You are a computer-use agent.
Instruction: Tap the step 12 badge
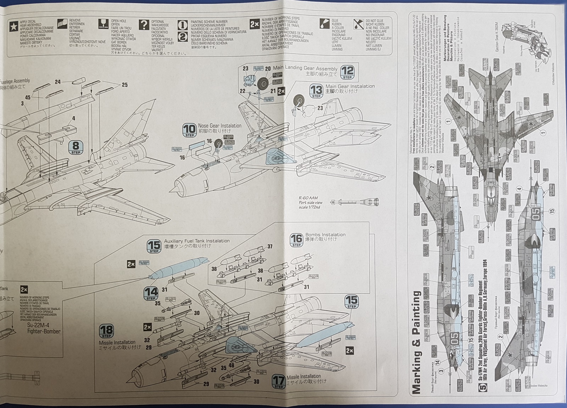347,73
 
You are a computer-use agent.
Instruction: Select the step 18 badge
106,331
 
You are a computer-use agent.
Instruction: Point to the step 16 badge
297,240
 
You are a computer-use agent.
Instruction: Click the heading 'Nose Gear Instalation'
220,126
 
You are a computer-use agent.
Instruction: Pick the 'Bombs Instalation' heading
325,235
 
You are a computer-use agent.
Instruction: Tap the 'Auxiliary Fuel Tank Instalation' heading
197,241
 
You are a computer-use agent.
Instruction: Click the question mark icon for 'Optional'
144,25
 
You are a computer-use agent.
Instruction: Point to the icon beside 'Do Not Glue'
358,24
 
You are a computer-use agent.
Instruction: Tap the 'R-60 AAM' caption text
308,198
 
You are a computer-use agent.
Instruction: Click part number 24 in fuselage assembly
57,82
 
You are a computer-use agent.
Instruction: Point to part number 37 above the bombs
270,247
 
